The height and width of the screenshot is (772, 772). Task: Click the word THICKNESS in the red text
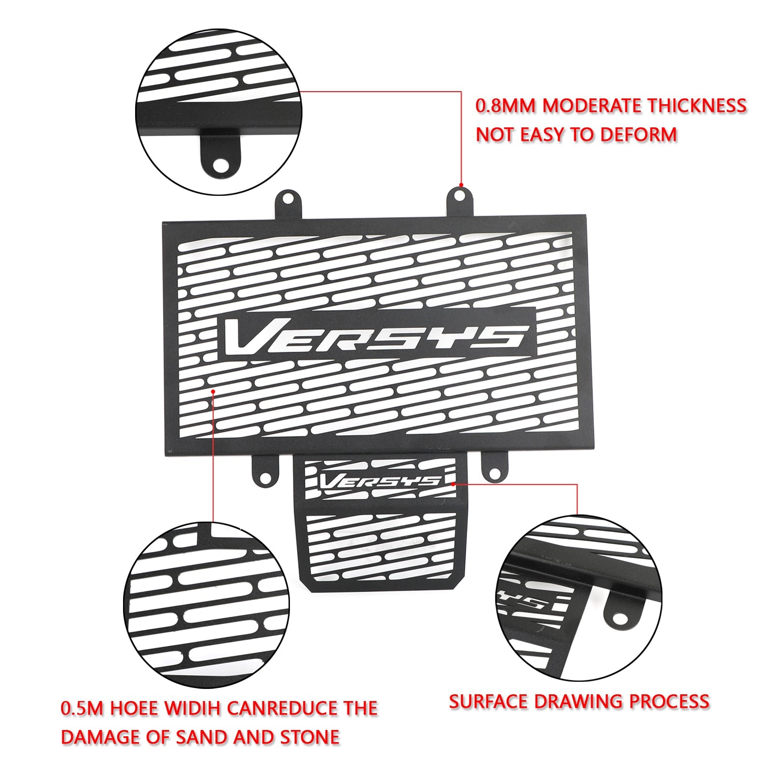[696, 106]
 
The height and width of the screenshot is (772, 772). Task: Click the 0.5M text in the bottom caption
[82, 708]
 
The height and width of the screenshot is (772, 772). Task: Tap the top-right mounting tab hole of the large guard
[460, 195]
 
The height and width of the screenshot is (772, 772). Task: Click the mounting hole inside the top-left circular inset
[221, 165]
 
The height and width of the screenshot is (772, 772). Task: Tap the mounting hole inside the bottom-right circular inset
[619, 618]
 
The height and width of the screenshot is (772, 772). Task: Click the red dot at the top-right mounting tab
[461, 185]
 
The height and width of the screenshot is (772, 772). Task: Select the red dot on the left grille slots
[213, 393]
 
